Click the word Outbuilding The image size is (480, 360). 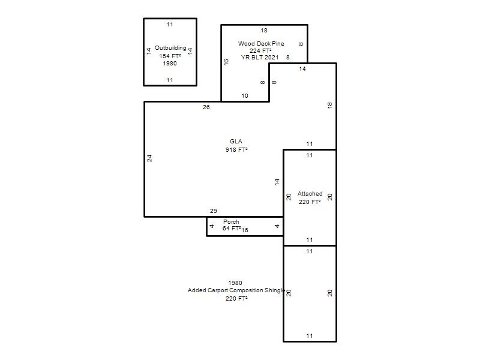[x=170, y=48]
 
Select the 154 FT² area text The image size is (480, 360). [x=170, y=56]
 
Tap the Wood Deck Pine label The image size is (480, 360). [x=261, y=43]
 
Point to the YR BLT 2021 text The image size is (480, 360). [x=260, y=57]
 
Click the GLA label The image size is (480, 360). [x=236, y=141]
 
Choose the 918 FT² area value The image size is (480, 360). [x=236, y=149]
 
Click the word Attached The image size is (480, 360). [x=310, y=193]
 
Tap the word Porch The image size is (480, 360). [x=231, y=221]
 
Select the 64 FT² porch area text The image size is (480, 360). [x=232, y=229]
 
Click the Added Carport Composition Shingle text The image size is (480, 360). [x=236, y=290]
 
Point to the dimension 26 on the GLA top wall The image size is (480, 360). [x=206, y=107]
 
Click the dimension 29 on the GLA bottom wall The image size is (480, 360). [x=214, y=211]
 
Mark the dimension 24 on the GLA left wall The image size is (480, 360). [x=149, y=158]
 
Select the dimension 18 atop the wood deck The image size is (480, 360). [x=264, y=31]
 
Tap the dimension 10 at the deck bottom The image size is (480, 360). [x=245, y=96]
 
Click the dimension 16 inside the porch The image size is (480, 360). [x=245, y=230]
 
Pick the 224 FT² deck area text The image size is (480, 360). [x=260, y=50]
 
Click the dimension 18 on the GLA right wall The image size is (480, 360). [x=329, y=106]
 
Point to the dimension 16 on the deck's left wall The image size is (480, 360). [x=226, y=62]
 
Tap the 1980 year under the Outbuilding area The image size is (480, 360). [x=170, y=64]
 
